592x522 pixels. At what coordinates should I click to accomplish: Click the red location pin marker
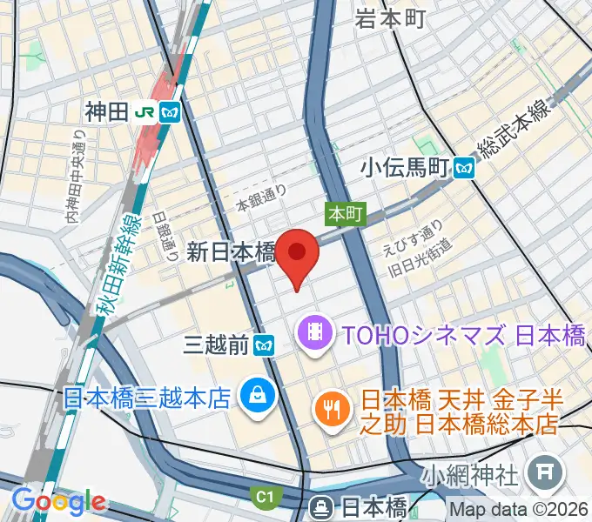(x=299, y=253)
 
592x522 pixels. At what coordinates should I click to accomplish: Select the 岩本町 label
(x=390, y=17)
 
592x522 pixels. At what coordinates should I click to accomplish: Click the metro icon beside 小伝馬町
(x=468, y=167)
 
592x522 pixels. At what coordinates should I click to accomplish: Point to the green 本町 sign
(x=345, y=213)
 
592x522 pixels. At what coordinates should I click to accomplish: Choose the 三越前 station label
(x=218, y=346)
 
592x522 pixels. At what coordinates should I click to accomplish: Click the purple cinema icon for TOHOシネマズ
(x=311, y=332)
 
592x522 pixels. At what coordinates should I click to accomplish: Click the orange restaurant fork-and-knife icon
(x=331, y=406)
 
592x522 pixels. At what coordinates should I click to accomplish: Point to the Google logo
(x=58, y=501)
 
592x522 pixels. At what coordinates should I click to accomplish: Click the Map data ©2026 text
(x=520, y=510)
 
